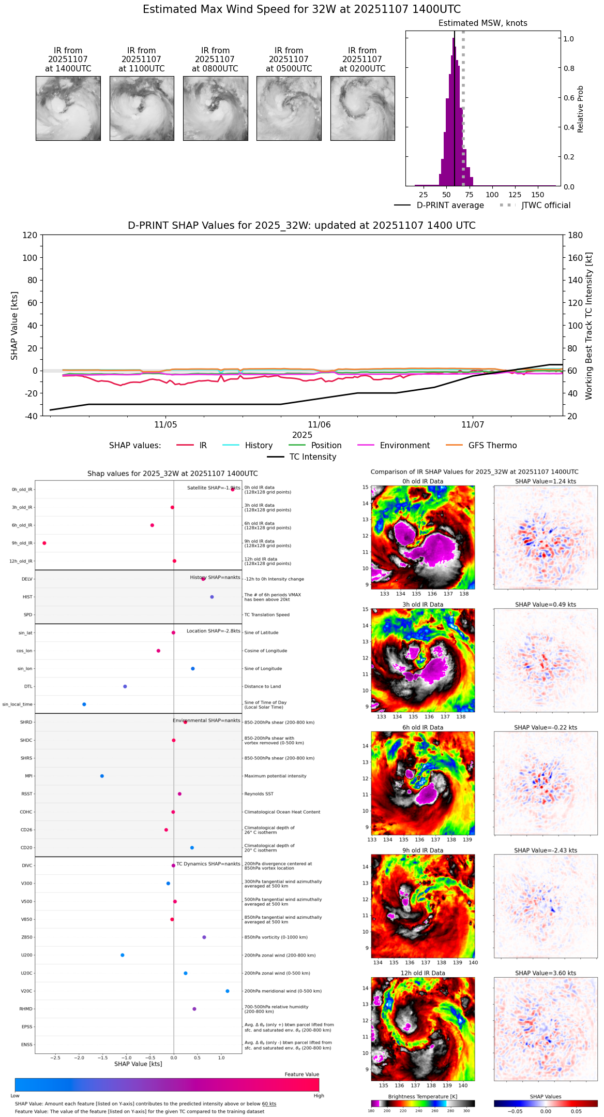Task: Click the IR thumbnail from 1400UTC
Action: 68,108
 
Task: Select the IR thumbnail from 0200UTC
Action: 363,108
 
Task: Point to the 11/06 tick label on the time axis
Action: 319,424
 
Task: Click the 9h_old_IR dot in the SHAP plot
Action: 44,543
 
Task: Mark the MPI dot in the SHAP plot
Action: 102,776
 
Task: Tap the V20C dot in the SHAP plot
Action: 228,991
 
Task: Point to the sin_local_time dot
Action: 84,704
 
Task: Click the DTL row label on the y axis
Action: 28,686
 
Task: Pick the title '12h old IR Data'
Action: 422,973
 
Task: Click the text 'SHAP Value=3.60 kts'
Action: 546,973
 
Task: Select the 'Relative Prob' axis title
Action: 581,109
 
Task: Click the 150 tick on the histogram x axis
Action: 538,195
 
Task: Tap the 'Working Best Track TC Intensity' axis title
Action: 589,326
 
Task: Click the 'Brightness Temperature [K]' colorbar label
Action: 422,1096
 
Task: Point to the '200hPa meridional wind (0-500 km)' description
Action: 283,991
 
